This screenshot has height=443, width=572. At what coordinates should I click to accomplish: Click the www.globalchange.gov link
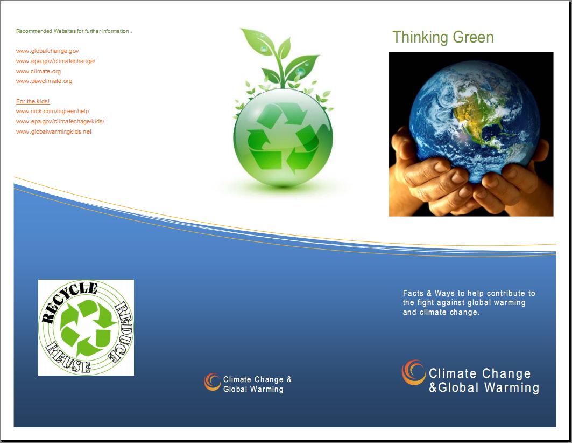click(47, 51)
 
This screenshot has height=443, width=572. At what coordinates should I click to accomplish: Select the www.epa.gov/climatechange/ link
click(55, 61)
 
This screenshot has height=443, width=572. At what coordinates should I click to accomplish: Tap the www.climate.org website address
click(38, 71)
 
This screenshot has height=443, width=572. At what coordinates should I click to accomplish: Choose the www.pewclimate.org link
click(44, 81)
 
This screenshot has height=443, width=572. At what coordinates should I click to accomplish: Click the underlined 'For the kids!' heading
click(33, 101)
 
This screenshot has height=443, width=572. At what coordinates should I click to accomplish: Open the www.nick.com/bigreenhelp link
click(53, 111)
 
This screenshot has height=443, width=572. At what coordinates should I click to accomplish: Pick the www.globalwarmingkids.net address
click(54, 131)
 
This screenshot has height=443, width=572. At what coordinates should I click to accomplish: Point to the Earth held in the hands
click(474, 121)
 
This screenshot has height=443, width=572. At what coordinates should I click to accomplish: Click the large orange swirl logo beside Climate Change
click(414, 372)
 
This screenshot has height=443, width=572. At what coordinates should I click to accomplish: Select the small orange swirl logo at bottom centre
click(213, 382)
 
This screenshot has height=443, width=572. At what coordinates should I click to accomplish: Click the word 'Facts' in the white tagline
click(413, 293)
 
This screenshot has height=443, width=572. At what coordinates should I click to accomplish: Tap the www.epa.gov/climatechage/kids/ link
click(60, 121)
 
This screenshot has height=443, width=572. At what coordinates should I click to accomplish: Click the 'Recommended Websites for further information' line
click(74, 31)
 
